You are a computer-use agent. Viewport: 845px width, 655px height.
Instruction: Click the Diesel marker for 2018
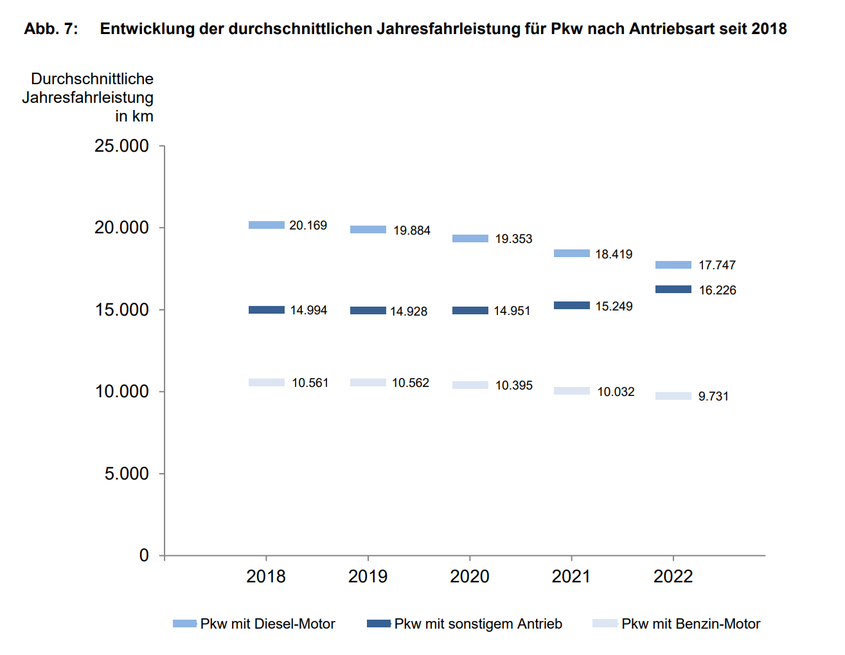[x=266, y=225]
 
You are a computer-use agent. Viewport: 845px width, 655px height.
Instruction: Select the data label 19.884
[x=412, y=231]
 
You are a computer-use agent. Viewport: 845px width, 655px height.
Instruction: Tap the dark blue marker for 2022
[x=673, y=289]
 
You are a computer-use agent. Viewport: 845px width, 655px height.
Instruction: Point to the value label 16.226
[x=717, y=291]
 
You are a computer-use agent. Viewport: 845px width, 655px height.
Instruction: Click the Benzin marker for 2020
[x=470, y=385]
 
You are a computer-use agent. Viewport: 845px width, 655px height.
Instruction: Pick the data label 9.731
[x=713, y=397]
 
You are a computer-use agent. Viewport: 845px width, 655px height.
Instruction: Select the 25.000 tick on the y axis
[x=121, y=147]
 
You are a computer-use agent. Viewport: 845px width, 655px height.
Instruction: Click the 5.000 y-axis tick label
[x=127, y=474]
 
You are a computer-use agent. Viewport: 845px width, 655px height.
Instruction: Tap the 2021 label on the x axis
[x=571, y=577]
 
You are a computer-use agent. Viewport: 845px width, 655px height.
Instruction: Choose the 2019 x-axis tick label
[x=368, y=577]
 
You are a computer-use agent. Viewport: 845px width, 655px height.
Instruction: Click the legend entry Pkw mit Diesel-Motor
[x=267, y=624]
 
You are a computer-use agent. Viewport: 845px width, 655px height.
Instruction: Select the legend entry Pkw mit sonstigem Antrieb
[x=477, y=624]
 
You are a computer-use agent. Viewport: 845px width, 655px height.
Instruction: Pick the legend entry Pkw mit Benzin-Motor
[x=690, y=624]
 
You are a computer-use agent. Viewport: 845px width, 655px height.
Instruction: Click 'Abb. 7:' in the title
[x=51, y=29]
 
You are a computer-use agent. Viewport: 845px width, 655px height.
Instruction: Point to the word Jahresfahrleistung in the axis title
[x=88, y=98]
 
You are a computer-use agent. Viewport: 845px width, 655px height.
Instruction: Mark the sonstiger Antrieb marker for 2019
[x=368, y=310]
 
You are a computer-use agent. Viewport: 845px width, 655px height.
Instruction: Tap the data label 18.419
[x=614, y=255]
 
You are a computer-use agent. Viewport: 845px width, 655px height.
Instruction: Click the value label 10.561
[x=310, y=383]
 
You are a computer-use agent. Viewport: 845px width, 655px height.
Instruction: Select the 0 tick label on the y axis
[x=144, y=555]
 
